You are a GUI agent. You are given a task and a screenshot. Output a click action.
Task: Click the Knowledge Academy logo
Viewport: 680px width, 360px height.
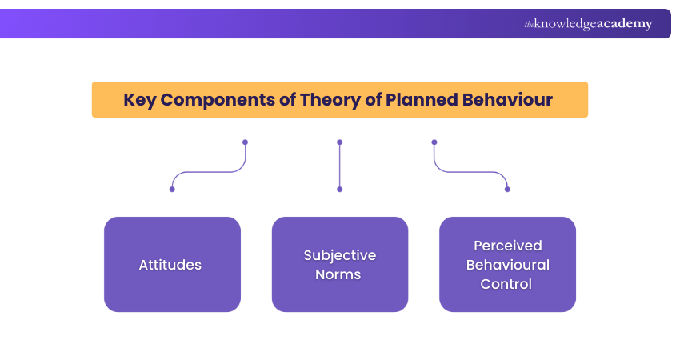point(588,24)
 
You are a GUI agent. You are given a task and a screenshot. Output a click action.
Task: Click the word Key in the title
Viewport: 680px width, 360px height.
point(141,100)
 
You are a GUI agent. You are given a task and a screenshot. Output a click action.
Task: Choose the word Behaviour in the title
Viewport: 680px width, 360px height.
point(510,100)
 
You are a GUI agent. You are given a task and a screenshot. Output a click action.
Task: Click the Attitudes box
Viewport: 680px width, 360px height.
point(172,264)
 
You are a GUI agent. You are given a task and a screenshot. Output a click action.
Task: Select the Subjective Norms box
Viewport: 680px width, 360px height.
point(340,264)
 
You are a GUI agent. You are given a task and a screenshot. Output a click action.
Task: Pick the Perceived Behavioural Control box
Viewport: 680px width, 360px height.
point(507,264)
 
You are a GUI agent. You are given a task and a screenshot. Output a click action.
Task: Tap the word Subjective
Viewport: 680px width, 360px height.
point(340,255)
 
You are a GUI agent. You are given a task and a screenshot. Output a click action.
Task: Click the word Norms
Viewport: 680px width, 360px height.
point(340,274)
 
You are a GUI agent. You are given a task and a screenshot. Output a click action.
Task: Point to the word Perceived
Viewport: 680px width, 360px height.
point(507,246)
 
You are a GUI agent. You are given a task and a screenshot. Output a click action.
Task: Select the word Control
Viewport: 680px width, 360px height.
point(507,283)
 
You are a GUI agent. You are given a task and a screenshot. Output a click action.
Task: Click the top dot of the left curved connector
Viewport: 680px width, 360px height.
point(245,142)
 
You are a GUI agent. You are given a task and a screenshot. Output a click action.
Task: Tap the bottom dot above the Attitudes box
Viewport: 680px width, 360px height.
point(172,189)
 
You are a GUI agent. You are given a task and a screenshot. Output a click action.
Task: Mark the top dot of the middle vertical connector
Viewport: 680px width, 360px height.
point(340,142)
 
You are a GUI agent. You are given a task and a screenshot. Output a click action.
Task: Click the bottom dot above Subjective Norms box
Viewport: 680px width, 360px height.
point(340,189)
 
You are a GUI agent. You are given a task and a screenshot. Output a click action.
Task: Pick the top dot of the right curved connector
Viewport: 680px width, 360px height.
point(434,142)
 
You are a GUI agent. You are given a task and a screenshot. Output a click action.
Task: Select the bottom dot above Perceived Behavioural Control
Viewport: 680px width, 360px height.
point(507,189)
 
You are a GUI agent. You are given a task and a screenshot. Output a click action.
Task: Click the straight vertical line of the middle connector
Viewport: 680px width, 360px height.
point(340,166)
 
